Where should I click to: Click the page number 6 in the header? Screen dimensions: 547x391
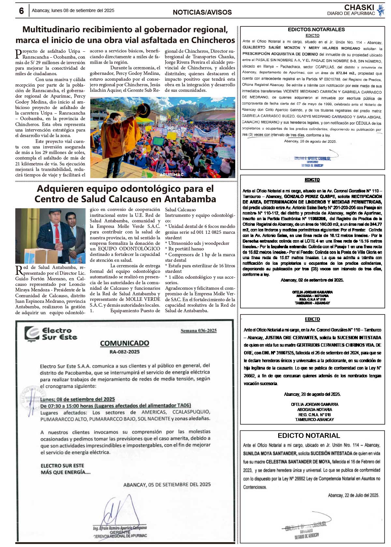[22, 11]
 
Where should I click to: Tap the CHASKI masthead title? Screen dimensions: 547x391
[359, 7]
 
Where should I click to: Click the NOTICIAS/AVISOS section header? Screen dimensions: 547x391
[202, 12]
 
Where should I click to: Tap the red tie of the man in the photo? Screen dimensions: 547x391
[57, 235]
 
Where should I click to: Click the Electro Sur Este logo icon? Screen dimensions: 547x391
[32, 334]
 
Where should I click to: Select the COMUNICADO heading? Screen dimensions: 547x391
[124, 343]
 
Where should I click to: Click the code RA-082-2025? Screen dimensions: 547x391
[124, 352]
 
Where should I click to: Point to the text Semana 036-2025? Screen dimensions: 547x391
[198, 330]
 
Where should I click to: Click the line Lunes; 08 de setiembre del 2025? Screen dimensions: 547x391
[78, 399]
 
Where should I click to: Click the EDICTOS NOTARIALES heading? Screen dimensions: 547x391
[316, 30]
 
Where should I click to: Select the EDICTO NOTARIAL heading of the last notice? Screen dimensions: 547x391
[309, 436]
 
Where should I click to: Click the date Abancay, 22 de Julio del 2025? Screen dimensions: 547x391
[353, 495]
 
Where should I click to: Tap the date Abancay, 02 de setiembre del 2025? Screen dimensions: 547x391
[312, 280]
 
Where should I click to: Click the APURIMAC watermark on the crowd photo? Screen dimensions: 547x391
[171, 175]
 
